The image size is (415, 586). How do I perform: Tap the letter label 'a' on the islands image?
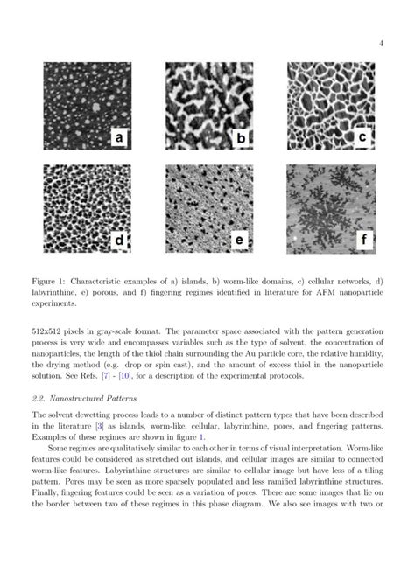[x=119, y=137]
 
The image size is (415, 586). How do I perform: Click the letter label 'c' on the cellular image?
[x=362, y=136]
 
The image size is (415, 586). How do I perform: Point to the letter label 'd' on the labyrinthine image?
[x=119, y=239]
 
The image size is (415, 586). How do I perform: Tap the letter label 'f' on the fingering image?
[x=362, y=238]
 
